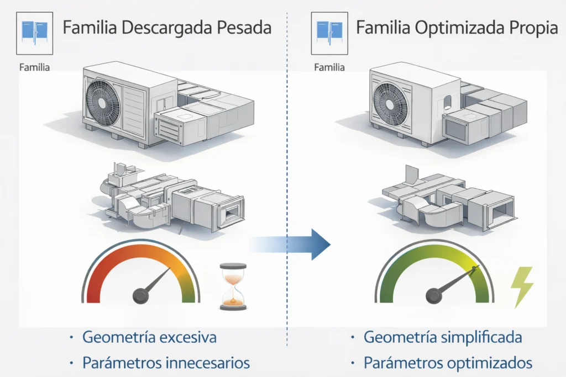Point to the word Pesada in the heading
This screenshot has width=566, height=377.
pyautogui.click(x=244, y=28)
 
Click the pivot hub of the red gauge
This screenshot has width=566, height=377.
pyautogui.click(x=140, y=296)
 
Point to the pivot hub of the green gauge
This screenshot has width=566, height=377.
pyautogui.click(x=433, y=296)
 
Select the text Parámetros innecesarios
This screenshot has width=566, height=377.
pyautogui.click(x=165, y=363)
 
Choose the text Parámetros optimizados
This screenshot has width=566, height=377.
pyautogui.click(x=448, y=363)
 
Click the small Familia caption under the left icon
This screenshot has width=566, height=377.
pyautogui.click(x=34, y=68)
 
